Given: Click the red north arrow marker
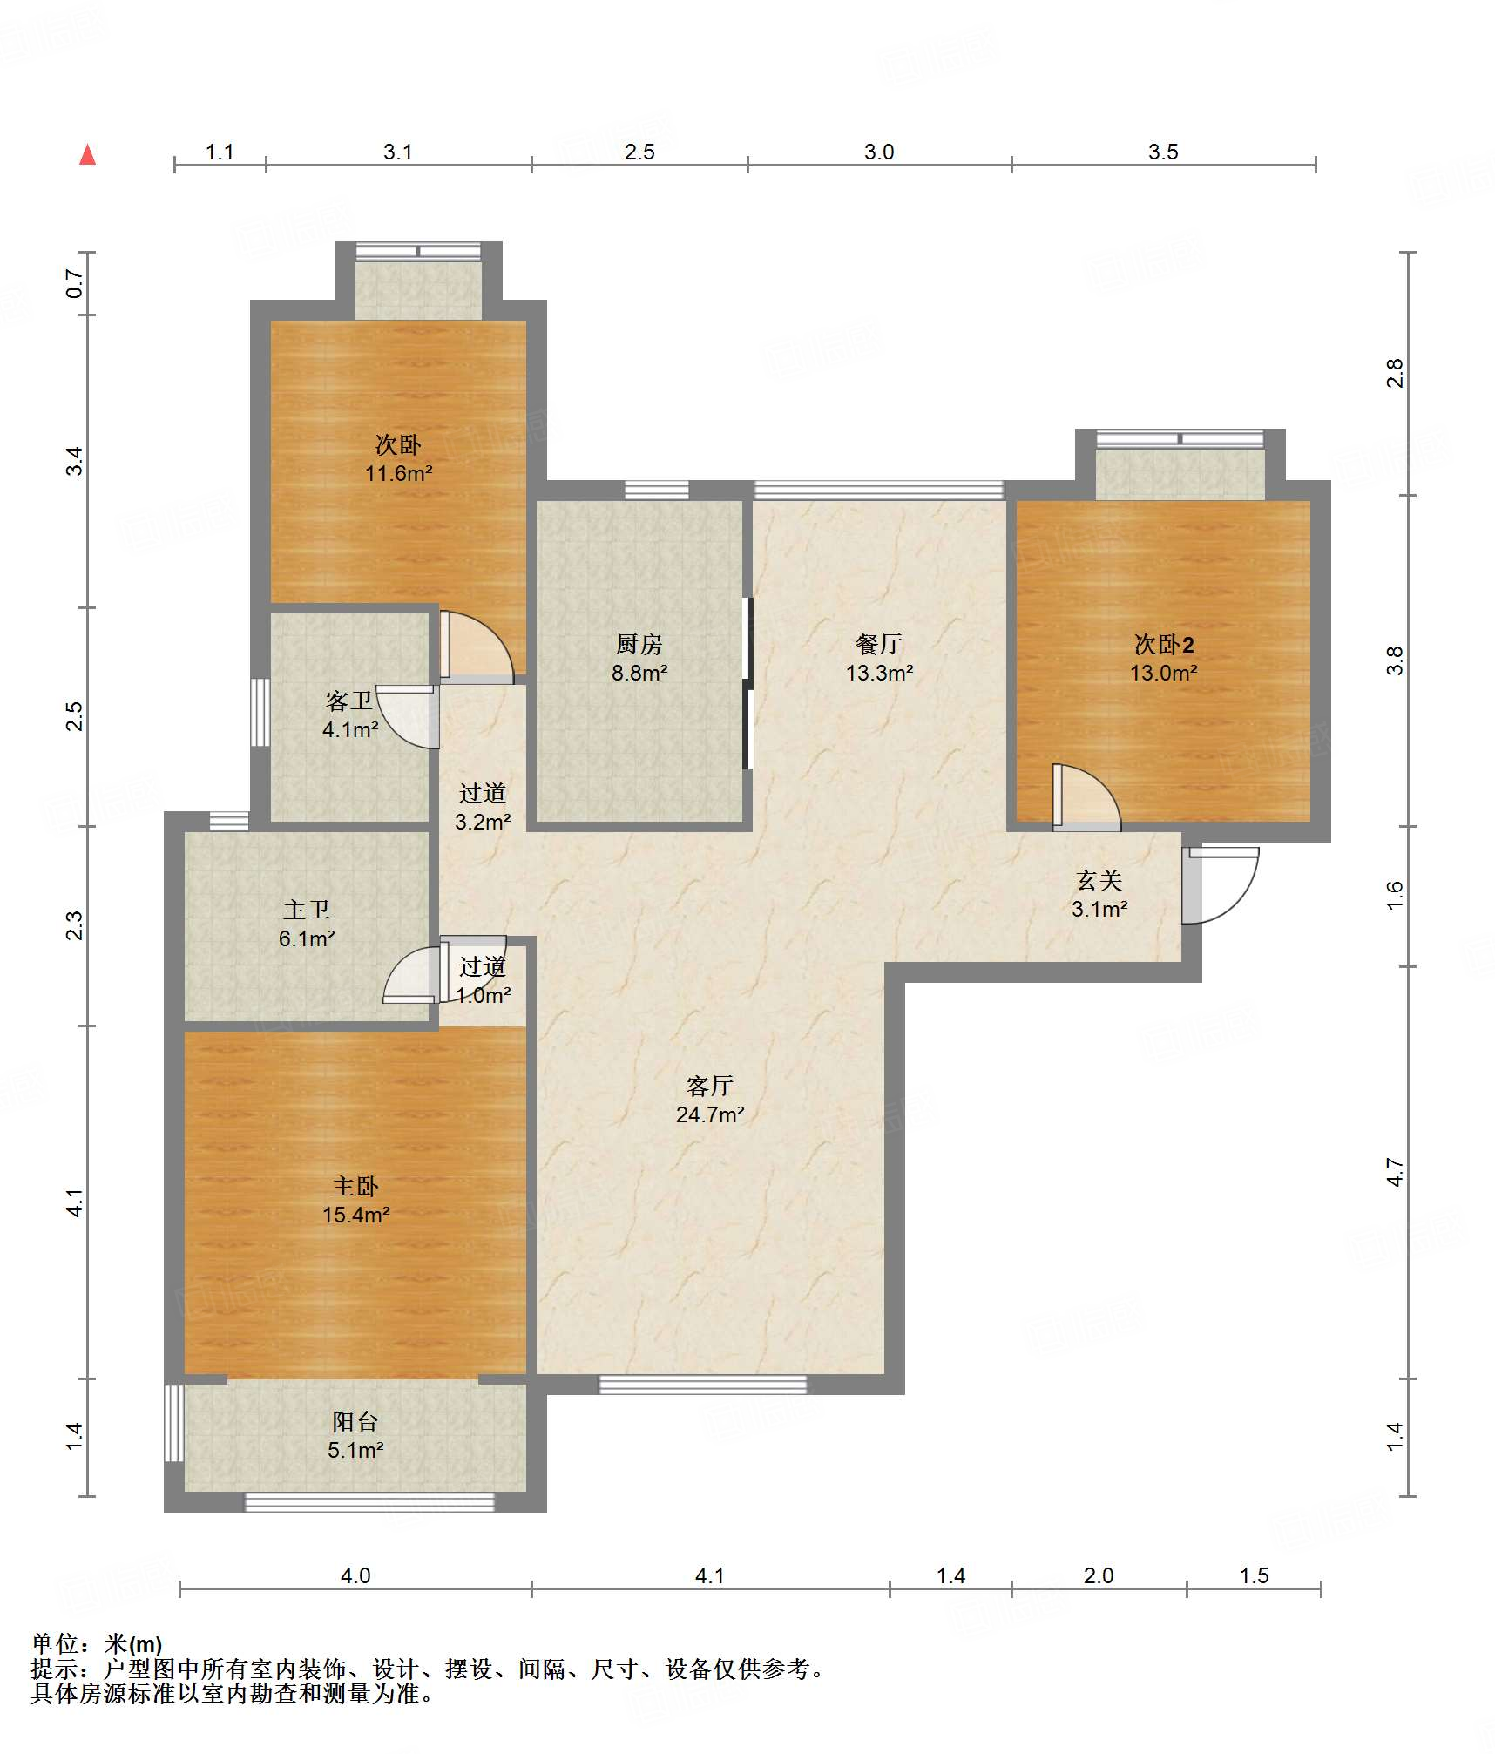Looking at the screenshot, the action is pos(87,154).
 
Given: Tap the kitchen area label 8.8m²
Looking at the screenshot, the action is pos(639,673).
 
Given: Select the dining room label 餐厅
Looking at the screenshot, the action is pos(878,644).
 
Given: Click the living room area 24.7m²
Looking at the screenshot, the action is pos(710,1114).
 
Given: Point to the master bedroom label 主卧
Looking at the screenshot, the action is pos(355,1186).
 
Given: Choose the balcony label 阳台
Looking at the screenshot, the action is pos(355,1421).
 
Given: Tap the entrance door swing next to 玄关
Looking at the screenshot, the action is pos(1220,885).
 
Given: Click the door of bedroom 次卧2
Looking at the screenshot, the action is pos(1086,796).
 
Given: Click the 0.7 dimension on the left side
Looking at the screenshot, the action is pos(75,283).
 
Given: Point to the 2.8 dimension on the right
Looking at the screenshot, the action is pos(1395,373).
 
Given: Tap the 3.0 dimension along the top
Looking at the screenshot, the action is pos(879,152).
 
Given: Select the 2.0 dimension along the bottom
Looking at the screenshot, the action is pos(1099,1575).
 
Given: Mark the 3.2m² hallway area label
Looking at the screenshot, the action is pos(483,821).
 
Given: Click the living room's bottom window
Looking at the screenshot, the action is pos(702,1385).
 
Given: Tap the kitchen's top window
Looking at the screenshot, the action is pos(657,490).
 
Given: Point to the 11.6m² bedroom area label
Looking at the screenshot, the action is pos(399,473).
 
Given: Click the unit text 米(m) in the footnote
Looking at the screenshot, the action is pos(133,1643).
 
